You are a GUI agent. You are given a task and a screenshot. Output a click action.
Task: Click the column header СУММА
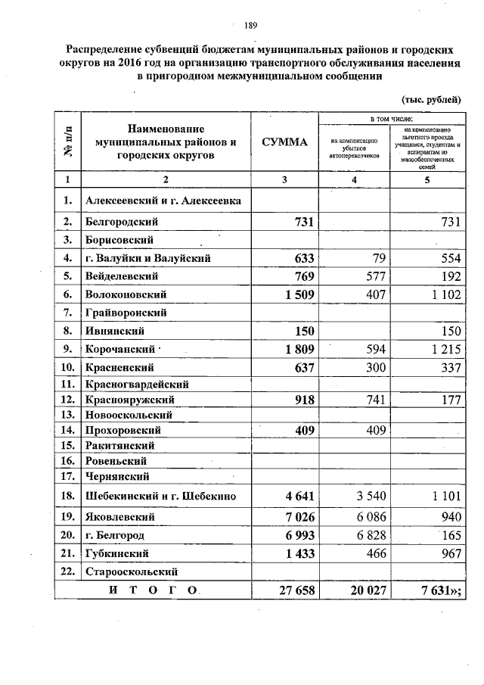[x=285, y=142]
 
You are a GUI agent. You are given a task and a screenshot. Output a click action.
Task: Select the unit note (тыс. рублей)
[x=430, y=99]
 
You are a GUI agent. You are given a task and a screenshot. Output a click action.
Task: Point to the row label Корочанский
[x=122, y=350]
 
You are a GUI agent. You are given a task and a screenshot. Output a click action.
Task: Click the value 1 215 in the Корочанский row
[x=443, y=350]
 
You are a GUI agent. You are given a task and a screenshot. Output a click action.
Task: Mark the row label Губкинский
[x=121, y=554]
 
